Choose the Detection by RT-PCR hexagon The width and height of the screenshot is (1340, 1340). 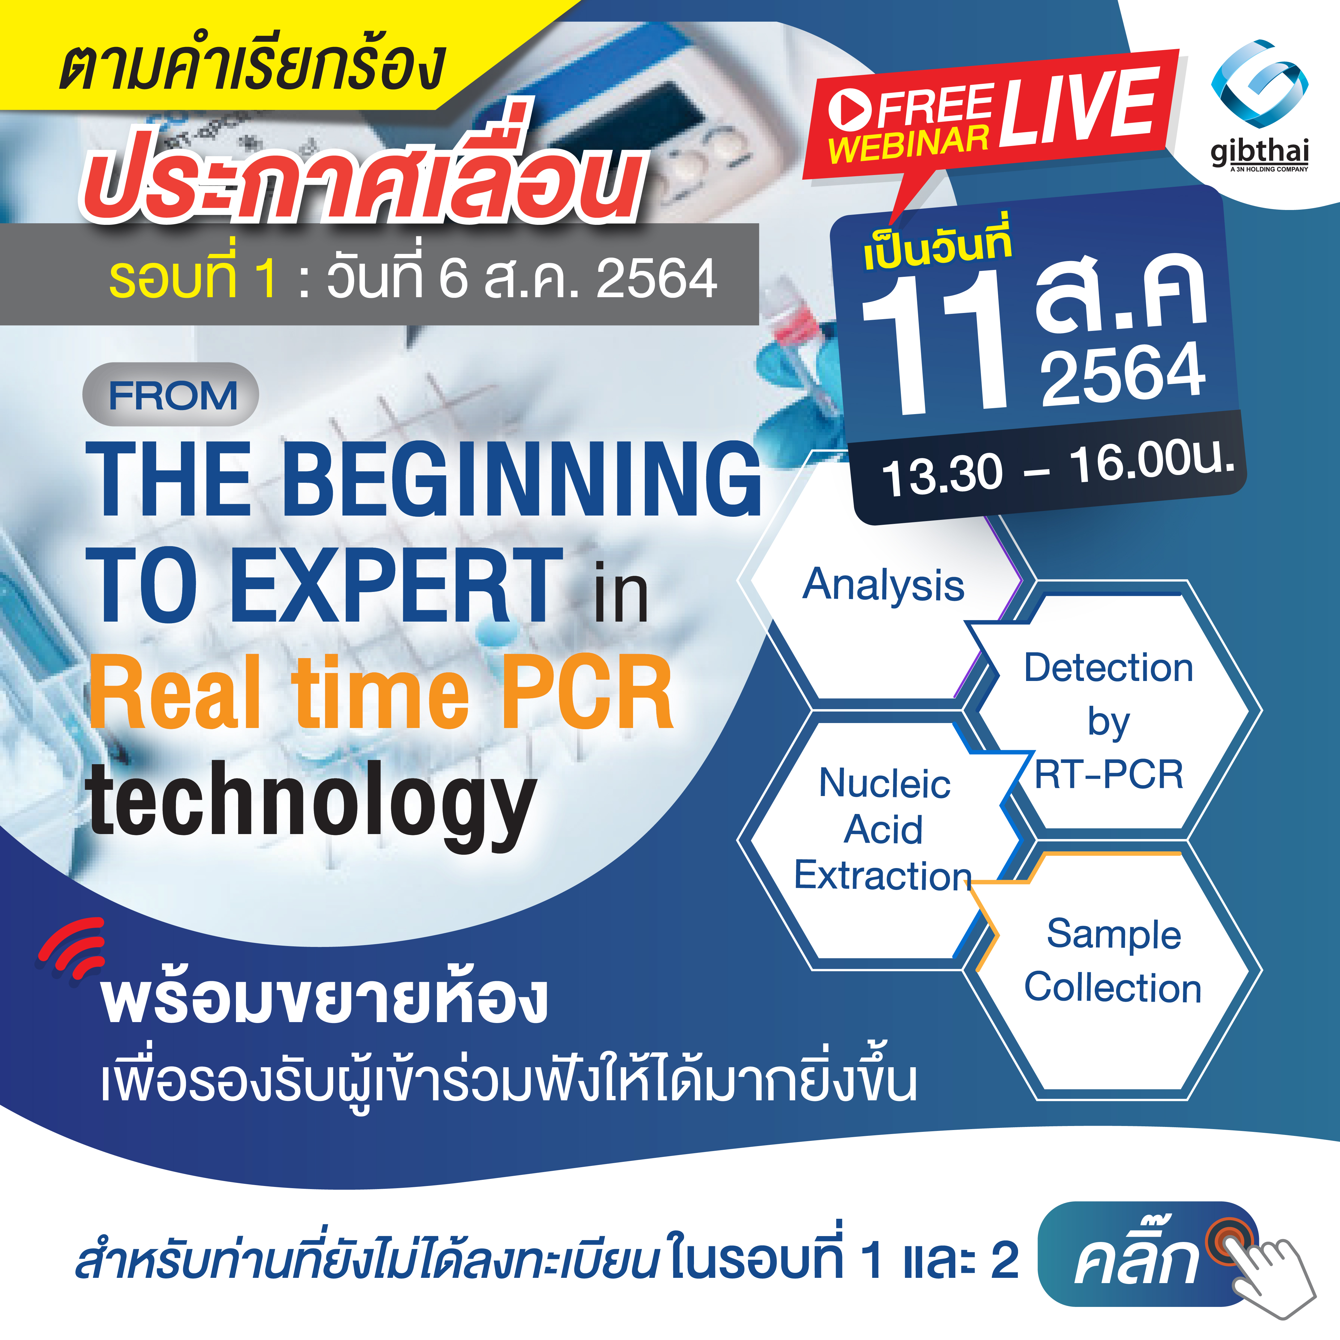pyautogui.click(x=1108, y=721)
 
